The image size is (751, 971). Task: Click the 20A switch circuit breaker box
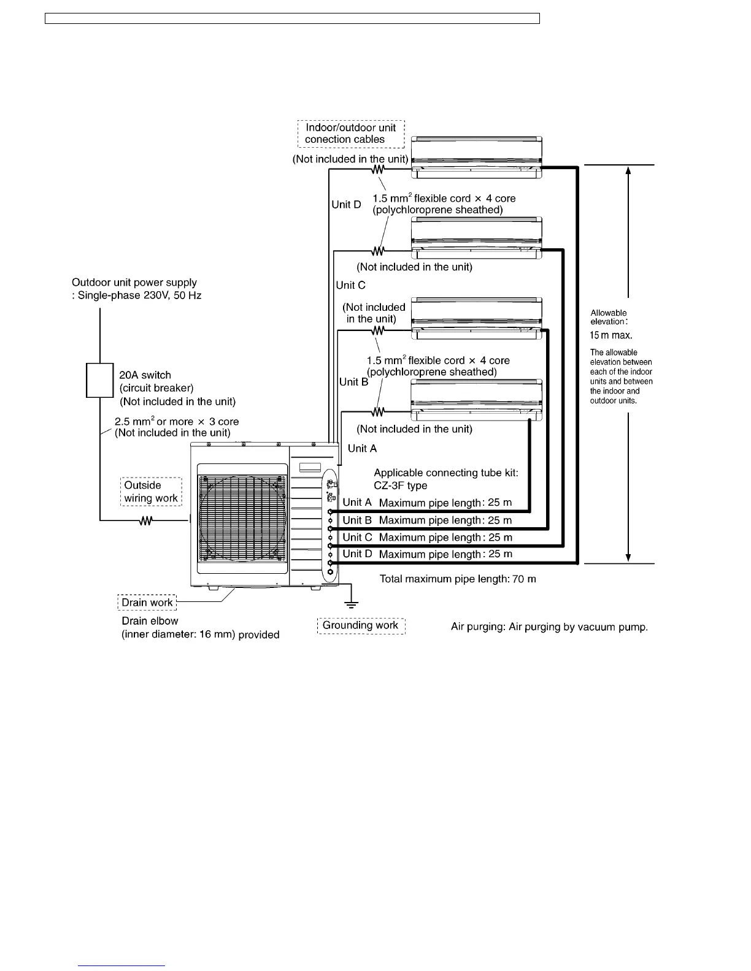tap(99, 381)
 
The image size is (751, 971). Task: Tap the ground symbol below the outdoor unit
tap(351, 604)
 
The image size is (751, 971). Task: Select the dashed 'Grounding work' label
tap(361, 625)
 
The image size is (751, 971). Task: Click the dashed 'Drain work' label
tap(147, 603)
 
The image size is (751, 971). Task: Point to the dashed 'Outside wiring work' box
tap(151, 492)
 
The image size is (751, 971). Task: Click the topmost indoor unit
tap(476, 158)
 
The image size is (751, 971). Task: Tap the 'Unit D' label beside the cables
tap(346, 205)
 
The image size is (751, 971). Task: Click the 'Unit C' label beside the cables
tap(350, 285)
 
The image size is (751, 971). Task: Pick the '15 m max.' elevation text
tap(611, 335)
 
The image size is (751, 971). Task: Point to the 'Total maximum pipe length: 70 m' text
tap(458, 579)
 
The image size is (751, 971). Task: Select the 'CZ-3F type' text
tap(400, 485)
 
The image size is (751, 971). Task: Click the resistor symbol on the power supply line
tap(146, 521)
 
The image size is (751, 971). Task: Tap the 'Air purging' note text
tap(549, 627)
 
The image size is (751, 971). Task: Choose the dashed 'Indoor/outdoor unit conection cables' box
tap(351, 134)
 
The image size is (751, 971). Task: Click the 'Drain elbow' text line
tap(150, 621)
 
